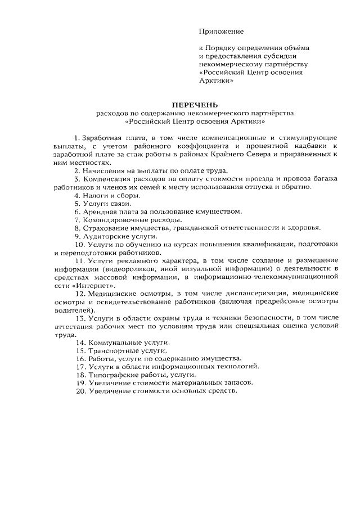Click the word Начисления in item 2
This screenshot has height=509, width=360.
click(107, 170)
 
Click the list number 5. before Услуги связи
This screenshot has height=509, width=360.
click(78, 203)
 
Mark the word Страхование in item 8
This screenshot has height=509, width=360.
click(106, 227)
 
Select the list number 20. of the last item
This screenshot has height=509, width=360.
click(80, 391)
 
